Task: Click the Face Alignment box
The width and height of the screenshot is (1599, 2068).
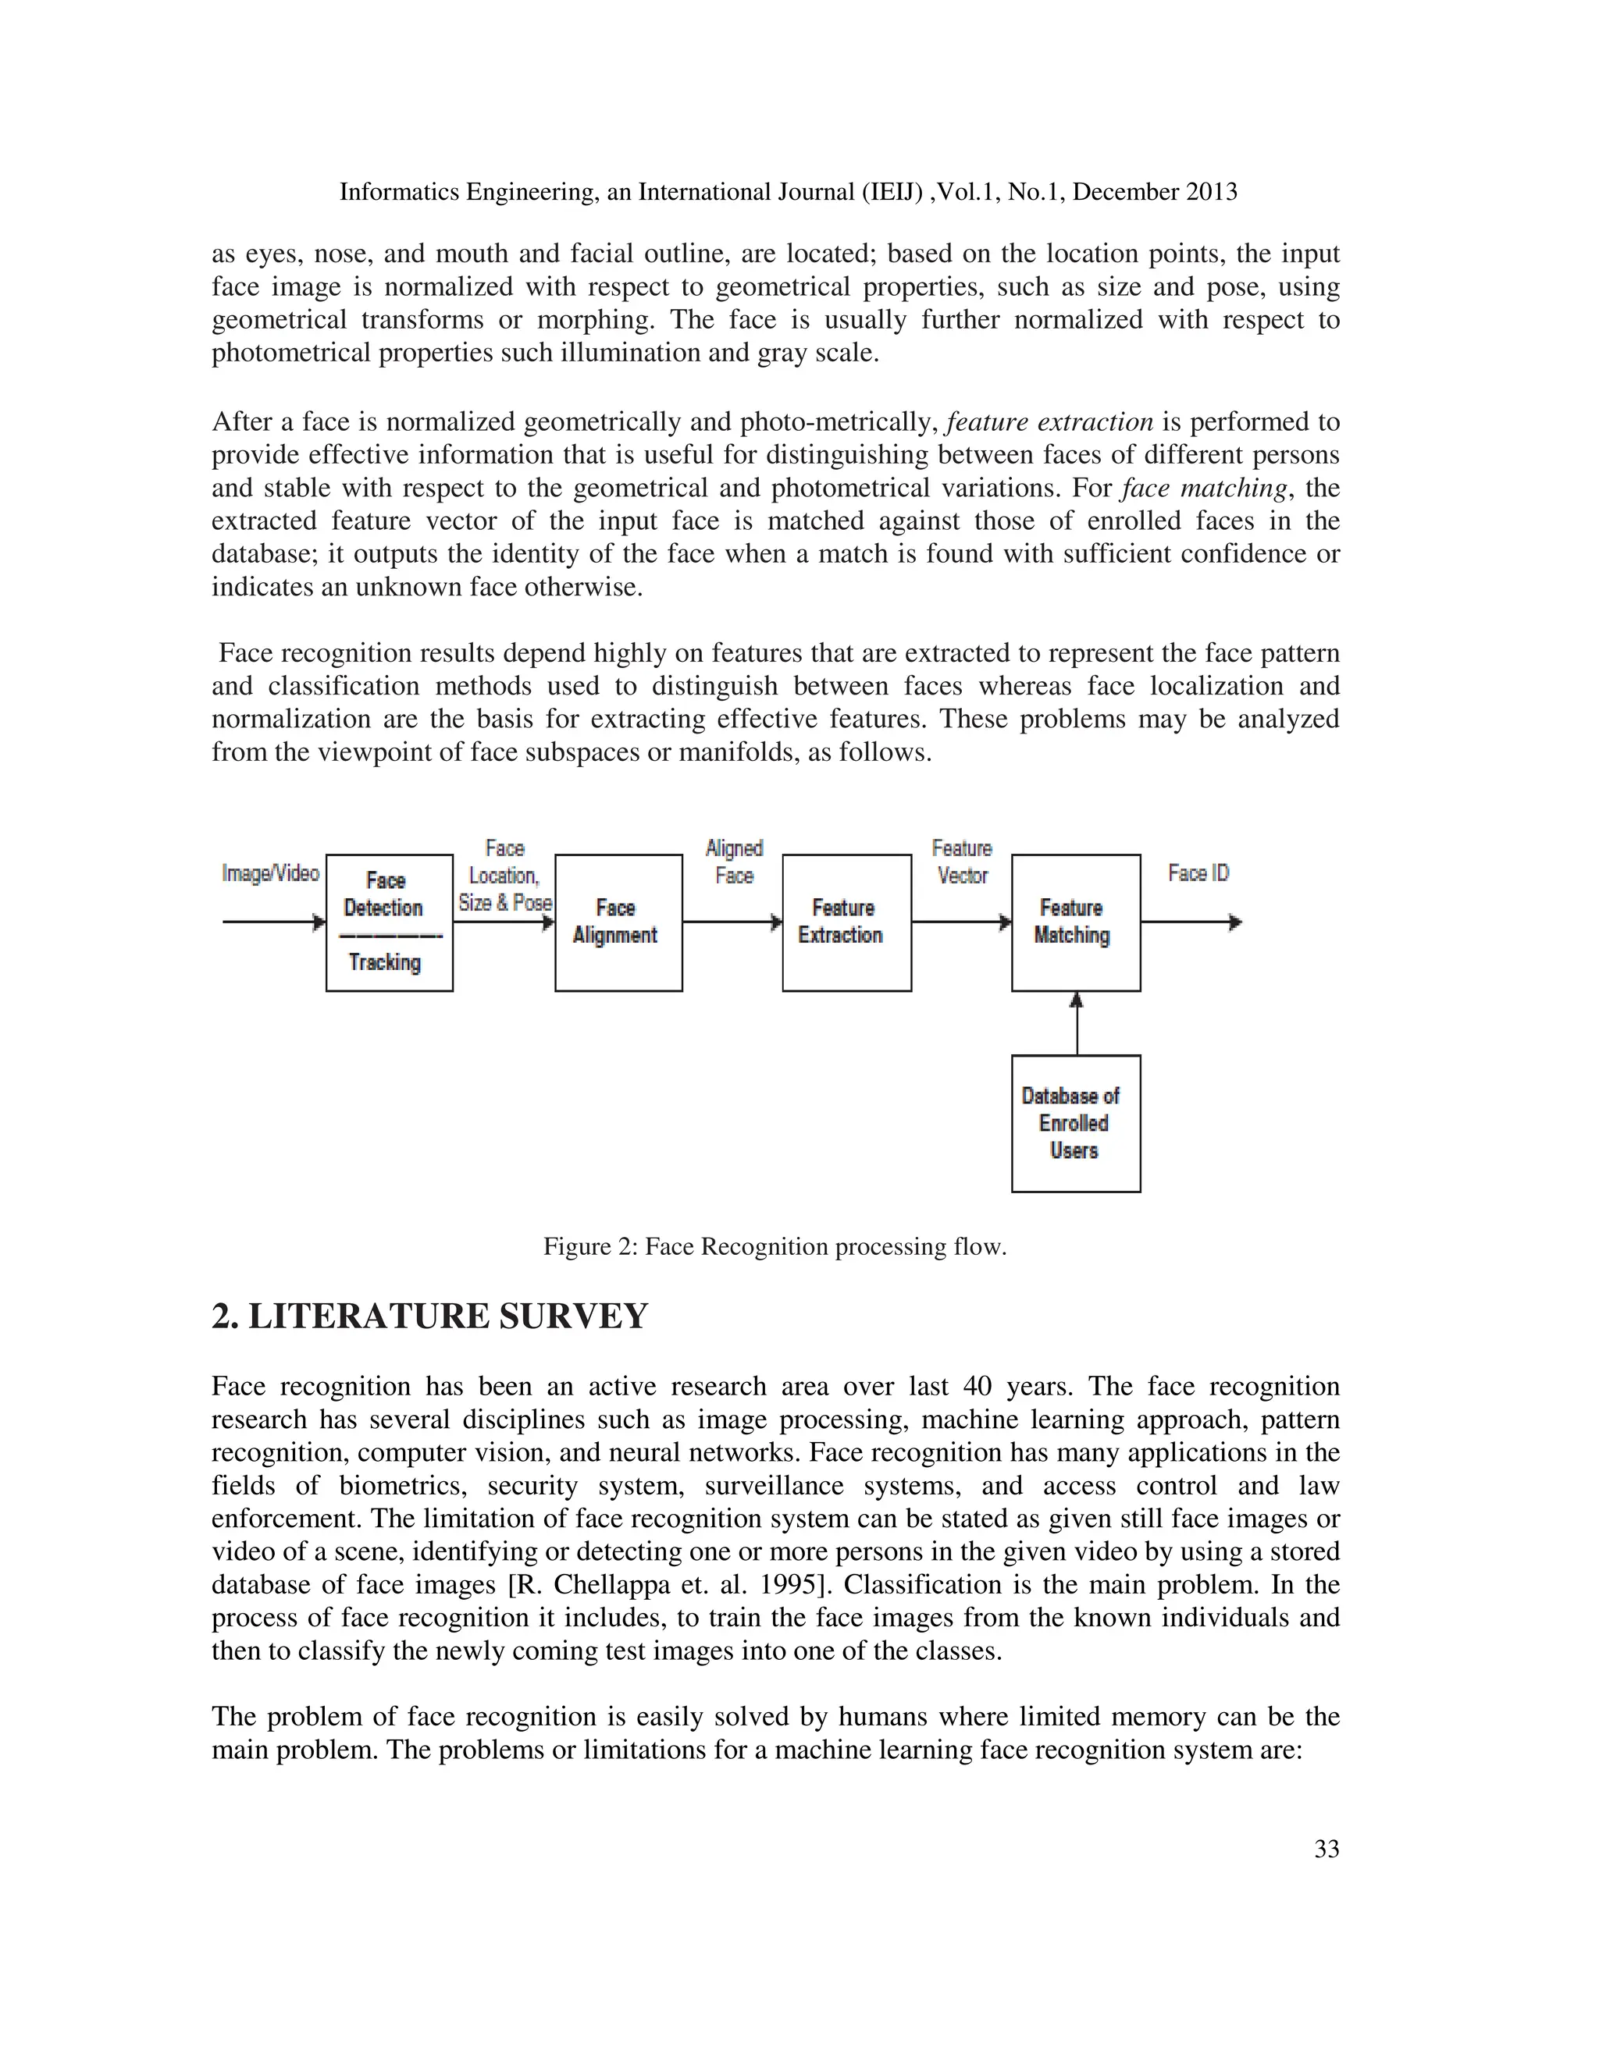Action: coord(618,922)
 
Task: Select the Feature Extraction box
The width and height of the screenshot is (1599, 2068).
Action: coord(846,922)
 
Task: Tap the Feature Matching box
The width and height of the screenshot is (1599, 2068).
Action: coord(1075,922)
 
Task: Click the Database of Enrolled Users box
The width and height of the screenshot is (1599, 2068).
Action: coord(1075,1123)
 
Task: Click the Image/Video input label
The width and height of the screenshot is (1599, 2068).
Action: coord(270,873)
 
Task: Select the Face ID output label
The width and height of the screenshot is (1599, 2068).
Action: coord(1198,873)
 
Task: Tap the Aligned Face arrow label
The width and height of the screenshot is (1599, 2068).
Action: coord(733,862)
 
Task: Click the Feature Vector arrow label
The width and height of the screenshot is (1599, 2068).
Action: coord(961,862)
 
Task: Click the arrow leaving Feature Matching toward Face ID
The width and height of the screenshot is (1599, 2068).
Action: coord(1190,922)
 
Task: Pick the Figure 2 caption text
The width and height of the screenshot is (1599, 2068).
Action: coord(774,1246)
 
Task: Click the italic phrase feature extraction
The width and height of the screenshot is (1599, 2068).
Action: coord(1049,421)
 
